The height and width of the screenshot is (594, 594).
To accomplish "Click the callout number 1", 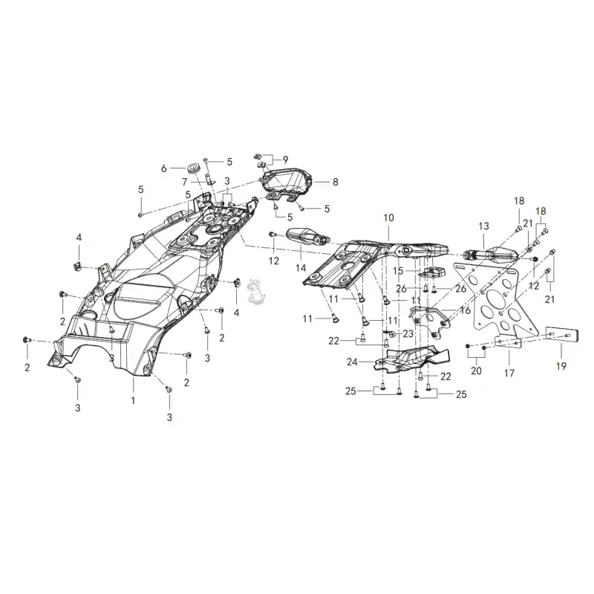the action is point(133,400).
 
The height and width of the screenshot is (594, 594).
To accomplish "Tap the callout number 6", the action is point(163,169).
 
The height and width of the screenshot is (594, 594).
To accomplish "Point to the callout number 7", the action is point(184,182).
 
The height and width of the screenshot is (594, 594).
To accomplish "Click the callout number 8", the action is point(336,182).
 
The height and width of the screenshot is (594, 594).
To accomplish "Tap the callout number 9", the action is point(285,160).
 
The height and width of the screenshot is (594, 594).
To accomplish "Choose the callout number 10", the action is point(388,218).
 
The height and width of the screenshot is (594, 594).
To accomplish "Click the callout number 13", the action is point(484,226).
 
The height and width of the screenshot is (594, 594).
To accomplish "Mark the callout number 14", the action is point(301,268).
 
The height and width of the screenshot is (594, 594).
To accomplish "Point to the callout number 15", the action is point(398,271).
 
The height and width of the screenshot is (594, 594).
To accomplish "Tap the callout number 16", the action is point(466,310).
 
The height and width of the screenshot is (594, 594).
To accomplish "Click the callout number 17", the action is point(509,373).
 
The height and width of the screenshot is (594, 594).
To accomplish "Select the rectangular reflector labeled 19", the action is point(562,336).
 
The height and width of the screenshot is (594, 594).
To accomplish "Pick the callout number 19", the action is point(561,366).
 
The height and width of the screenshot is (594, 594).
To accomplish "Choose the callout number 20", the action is point(476,371).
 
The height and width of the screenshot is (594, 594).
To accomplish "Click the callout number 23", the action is point(408,333).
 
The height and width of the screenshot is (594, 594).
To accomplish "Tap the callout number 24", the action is point(352,362).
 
